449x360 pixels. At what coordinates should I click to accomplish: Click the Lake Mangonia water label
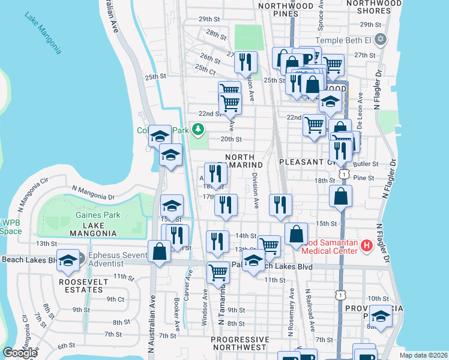click(43, 32)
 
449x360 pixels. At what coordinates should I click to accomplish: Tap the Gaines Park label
click(98, 215)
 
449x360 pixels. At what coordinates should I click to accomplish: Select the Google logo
click(20, 353)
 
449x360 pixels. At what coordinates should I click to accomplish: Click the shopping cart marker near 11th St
click(218, 273)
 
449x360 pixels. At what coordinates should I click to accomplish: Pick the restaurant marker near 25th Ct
click(246, 62)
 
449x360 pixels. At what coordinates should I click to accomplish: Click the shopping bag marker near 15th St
click(340, 196)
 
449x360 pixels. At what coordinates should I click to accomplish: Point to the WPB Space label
click(10, 227)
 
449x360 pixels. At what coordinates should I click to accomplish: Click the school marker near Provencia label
click(381, 316)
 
